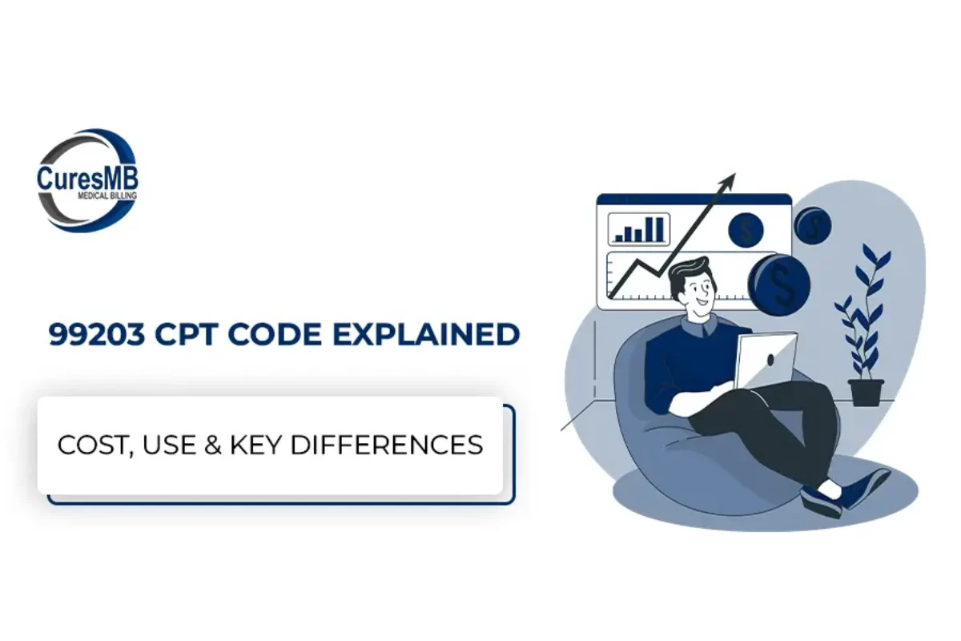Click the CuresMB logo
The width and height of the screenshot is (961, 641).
[87, 180]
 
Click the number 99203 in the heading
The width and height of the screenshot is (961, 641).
[97, 334]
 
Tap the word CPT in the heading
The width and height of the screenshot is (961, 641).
[186, 334]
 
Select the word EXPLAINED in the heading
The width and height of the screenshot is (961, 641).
[426, 334]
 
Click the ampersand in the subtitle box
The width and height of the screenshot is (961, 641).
[213, 445]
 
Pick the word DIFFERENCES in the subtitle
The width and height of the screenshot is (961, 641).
[387, 445]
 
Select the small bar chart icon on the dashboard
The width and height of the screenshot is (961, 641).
[639, 229]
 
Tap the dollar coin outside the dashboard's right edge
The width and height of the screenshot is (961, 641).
[813, 226]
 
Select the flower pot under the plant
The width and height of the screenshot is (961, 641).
[866, 392]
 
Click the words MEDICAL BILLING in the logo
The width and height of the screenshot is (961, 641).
[107, 196]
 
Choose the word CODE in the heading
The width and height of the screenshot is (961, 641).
[275, 334]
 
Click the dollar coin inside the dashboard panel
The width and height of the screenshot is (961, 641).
[746, 230]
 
